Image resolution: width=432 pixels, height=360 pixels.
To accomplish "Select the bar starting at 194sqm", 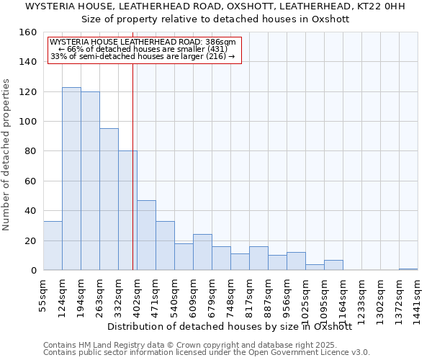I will click(x=90, y=181).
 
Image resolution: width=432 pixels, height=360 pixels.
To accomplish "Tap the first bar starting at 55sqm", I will click(x=53, y=246).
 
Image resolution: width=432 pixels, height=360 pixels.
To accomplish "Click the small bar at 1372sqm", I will click(x=408, y=269).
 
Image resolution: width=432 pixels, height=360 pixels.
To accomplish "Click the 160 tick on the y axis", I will click(x=28, y=32).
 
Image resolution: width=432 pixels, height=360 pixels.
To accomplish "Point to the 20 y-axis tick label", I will click(x=31, y=240).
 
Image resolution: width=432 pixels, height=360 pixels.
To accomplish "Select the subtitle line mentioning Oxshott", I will click(x=215, y=19).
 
